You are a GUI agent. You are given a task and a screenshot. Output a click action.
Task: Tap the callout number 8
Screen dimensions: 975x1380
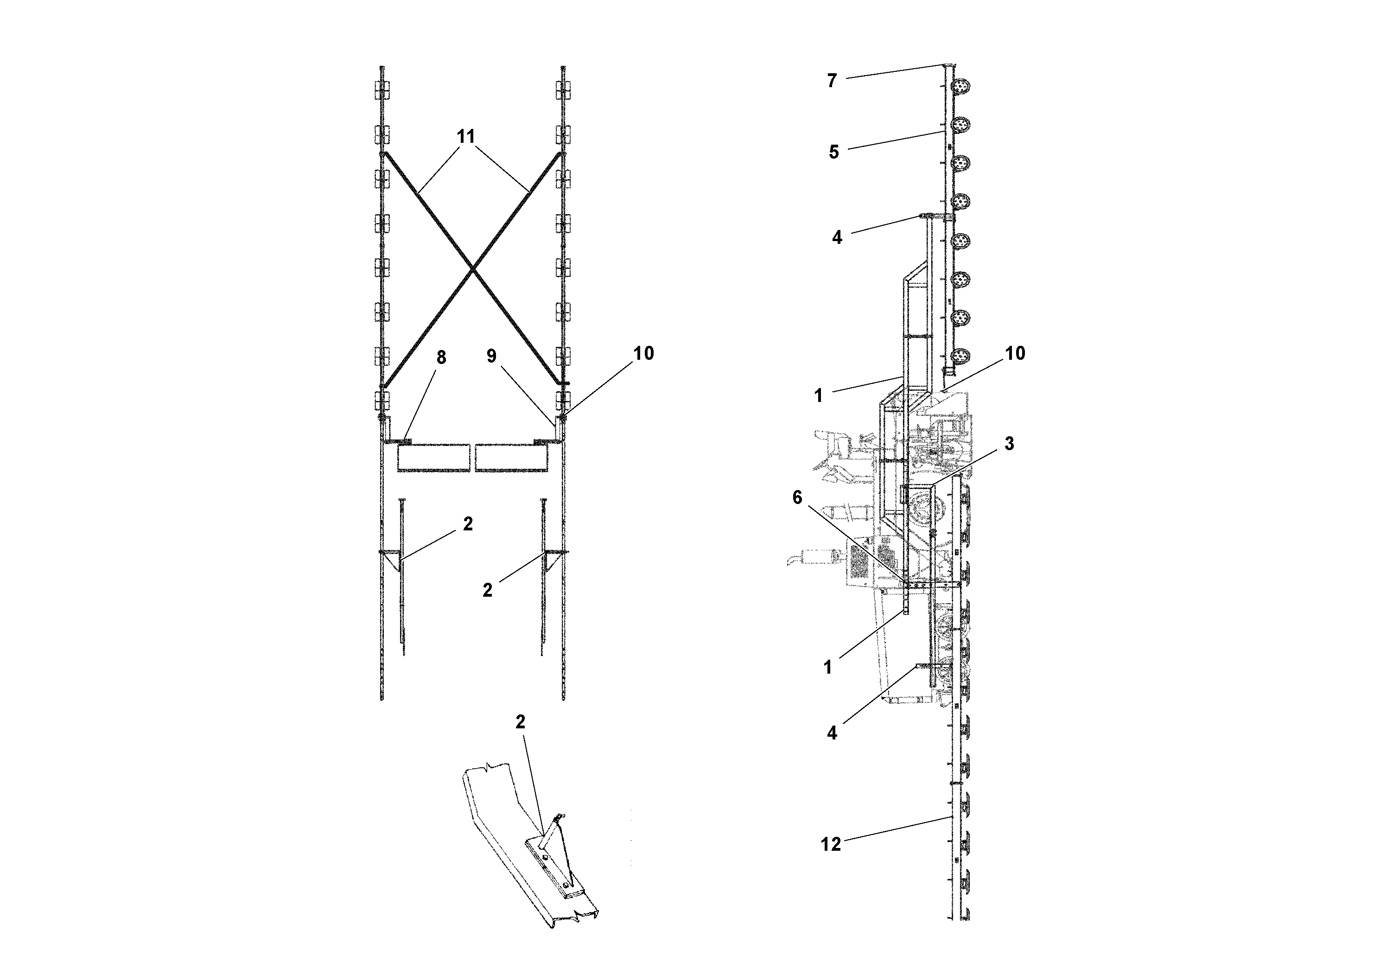pos(441,357)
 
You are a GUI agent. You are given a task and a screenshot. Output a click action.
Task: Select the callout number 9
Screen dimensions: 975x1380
pos(492,357)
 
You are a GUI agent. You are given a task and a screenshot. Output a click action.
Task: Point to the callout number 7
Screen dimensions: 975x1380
pos(832,81)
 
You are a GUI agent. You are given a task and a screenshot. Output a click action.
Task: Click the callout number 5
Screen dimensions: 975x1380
pos(833,152)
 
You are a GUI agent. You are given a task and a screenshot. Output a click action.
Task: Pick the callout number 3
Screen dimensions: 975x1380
pos(1009,444)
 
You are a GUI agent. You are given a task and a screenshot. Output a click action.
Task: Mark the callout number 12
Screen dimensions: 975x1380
pos(831,845)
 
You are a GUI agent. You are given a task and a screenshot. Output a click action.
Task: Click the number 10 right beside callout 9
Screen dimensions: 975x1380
pos(643,353)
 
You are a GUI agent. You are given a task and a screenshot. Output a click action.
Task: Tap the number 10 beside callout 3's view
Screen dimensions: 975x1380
pos(1015,353)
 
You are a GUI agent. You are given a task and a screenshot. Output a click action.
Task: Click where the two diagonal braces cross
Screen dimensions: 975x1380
pos(474,269)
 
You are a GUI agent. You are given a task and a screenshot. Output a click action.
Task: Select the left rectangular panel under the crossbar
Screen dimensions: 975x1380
pos(433,458)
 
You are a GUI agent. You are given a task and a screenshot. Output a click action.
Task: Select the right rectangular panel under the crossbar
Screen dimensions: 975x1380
pos(511,458)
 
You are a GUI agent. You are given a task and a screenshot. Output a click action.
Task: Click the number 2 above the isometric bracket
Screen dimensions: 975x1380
pos(521,722)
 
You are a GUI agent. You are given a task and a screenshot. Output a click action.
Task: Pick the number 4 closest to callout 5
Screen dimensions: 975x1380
pos(837,238)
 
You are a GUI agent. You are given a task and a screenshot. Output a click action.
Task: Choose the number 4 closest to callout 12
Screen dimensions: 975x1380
pos(832,733)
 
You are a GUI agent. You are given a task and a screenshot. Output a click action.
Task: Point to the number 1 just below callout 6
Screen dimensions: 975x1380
pos(827,667)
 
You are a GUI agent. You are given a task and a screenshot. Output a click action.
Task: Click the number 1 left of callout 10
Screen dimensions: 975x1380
pos(818,395)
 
